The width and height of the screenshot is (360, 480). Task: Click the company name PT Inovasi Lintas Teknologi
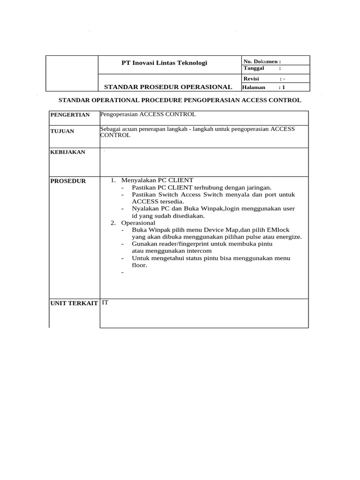pos(164,63)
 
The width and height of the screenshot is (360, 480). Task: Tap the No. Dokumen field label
pos(262,61)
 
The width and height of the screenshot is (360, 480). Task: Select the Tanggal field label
pos(254,68)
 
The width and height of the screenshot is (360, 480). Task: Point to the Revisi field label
pos(251,79)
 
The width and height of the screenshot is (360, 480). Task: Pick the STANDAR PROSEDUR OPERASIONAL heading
pos(168,87)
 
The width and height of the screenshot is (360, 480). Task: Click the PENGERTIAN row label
pos(70,115)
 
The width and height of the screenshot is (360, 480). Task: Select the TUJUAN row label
pos(62,131)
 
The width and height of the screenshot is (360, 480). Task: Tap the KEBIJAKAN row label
pos(67,152)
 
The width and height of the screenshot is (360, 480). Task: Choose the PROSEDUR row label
pos(68,181)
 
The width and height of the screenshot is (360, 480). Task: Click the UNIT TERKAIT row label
pos(75,304)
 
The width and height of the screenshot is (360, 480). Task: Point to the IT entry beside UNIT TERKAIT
pos(105,303)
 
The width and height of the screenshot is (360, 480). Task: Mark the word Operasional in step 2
pos(138,223)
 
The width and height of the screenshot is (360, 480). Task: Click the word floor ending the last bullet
pos(139,265)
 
